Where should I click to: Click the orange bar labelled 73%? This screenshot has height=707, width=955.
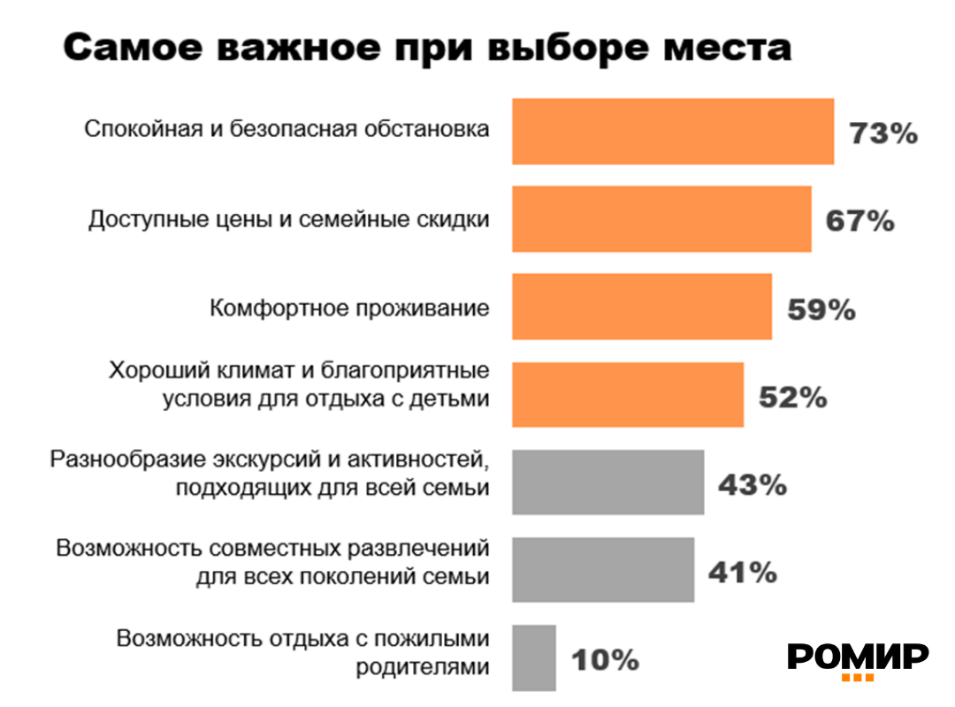[673, 131]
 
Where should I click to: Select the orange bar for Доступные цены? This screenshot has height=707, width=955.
[661, 219]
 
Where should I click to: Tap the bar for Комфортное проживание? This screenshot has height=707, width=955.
[642, 307]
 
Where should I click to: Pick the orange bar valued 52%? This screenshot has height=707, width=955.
[628, 394]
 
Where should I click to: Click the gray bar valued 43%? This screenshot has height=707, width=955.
[608, 482]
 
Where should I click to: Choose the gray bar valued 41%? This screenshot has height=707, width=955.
[603, 569]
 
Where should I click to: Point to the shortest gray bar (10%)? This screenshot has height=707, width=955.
[534, 658]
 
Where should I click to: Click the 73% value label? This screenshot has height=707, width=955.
[883, 133]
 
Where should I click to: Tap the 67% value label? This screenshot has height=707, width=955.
[859, 221]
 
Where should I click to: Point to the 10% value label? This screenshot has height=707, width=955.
[605, 660]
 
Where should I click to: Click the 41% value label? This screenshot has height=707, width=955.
[742, 573]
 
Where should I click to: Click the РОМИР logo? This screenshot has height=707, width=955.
[858, 656]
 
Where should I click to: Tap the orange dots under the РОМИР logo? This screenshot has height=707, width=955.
[857, 678]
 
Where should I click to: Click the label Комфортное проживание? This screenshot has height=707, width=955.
[349, 308]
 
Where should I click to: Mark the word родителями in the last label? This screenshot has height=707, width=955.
[423, 665]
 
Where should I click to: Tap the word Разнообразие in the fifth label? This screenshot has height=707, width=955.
[126, 460]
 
